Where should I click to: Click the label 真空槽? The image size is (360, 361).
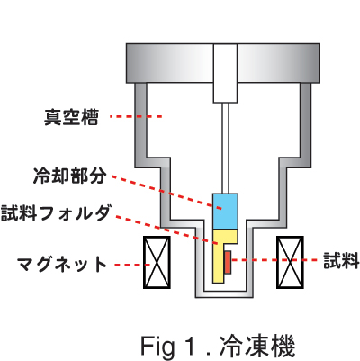[71, 117]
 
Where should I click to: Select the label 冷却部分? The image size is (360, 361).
[69, 176]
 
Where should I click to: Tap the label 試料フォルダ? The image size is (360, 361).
[55, 212]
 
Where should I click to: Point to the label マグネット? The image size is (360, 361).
[62, 265]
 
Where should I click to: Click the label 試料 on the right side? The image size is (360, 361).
[341, 260]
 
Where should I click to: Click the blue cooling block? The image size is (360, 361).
[225, 212]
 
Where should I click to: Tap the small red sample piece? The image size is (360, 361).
[228, 263]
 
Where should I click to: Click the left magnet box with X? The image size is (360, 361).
[157, 262]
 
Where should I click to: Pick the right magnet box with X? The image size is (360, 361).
[290, 262]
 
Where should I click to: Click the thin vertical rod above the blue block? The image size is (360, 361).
[225, 148]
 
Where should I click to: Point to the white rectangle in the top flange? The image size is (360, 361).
[225, 73]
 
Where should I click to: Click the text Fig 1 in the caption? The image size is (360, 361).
[166, 346]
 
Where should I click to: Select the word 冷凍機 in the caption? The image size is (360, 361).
[257, 346]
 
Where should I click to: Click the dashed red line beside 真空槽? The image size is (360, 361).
[136, 116]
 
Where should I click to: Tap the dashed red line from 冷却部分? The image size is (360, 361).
[166, 193]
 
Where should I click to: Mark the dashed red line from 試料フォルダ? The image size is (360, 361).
[166, 230]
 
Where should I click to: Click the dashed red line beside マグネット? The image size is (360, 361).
[132, 265]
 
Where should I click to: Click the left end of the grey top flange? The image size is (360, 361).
[127, 63]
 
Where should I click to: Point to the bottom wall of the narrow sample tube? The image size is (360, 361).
[224, 294]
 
